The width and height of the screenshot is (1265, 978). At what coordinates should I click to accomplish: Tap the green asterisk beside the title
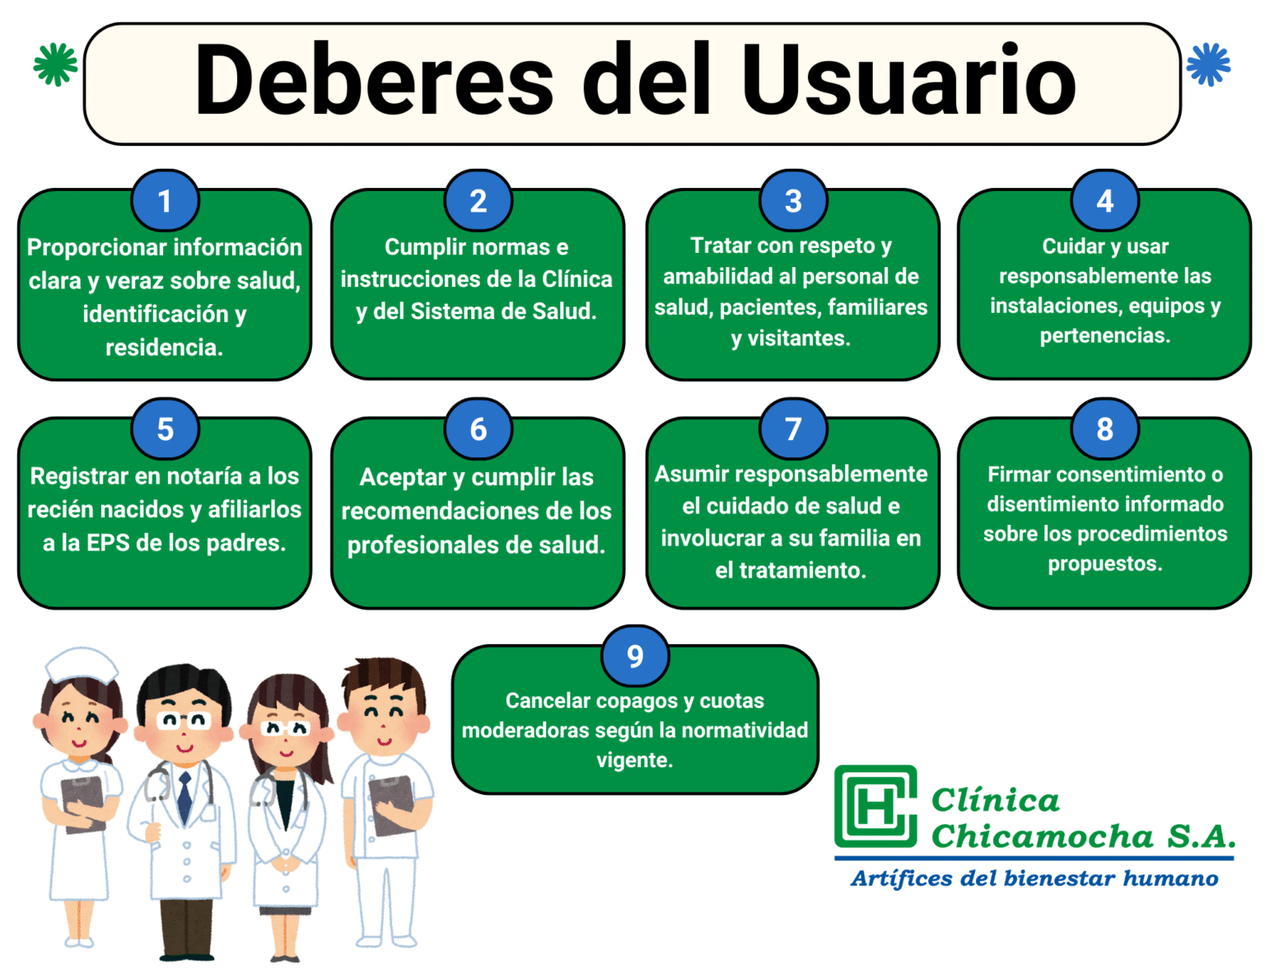tap(56, 64)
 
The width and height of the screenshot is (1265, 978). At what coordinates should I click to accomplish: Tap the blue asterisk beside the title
tap(1208, 64)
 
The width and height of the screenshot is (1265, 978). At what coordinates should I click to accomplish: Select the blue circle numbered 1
tap(165, 201)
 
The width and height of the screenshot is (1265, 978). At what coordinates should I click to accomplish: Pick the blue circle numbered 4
tap(1105, 201)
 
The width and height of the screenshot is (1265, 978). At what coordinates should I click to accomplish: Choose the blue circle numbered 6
tap(478, 429)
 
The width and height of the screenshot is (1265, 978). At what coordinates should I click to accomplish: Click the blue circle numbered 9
tap(635, 656)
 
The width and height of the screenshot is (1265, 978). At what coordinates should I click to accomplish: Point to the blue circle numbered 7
tap(793, 428)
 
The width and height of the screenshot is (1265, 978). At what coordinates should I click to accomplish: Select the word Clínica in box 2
tap(576, 279)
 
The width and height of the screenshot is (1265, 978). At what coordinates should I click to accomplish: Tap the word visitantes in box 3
tap(798, 338)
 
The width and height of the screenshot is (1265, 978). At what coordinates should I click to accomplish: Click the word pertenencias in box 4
tap(1104, 335)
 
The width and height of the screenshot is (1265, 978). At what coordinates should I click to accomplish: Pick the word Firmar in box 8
tap(1019, 475)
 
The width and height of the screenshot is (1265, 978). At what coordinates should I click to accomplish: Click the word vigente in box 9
tap(634, 760)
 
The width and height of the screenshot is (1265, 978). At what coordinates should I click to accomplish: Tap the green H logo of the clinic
tap(875, 806)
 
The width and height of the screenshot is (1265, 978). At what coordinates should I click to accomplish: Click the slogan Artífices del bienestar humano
tap(1034, 878)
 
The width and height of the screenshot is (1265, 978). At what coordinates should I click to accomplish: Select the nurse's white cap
tap(81, 663)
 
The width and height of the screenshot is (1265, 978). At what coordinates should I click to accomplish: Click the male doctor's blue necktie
tap(185, 796)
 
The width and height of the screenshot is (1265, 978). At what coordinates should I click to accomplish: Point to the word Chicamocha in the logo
tap(1042, 836)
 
